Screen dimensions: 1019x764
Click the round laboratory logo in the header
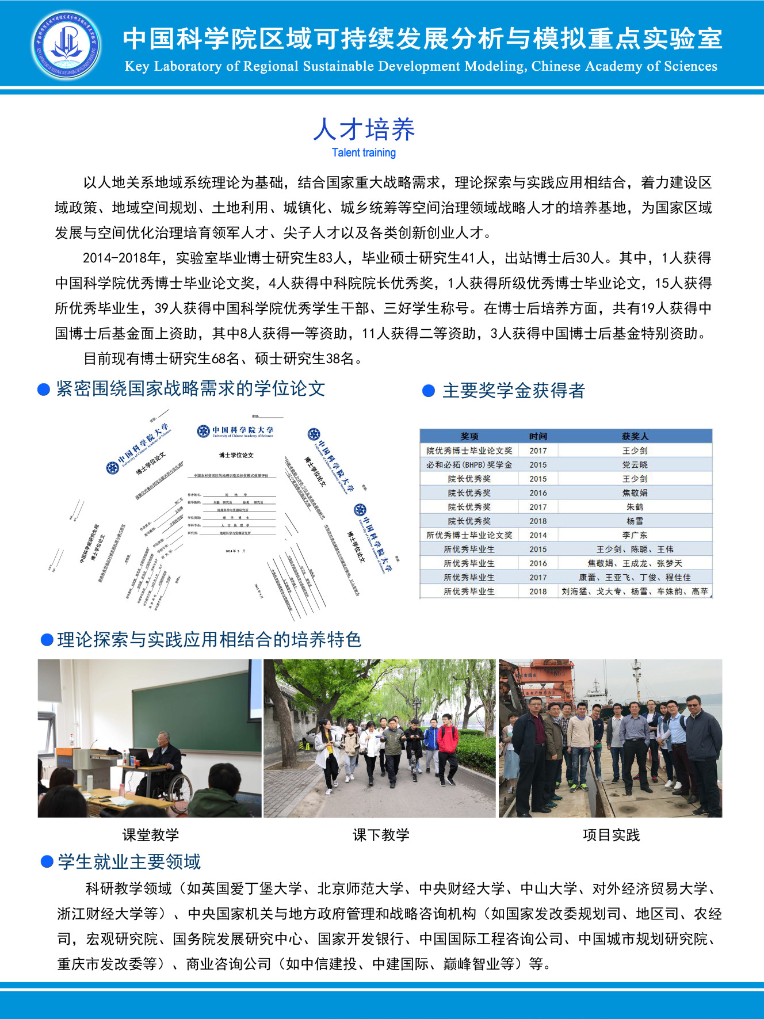point(66,45)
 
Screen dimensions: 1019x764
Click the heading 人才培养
point(364,129)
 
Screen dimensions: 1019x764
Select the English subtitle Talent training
point(364,152)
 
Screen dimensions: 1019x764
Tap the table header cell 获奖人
point(635,436)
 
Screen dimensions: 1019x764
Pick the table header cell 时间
point(538,436)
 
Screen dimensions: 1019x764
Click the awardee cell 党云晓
point(635,464)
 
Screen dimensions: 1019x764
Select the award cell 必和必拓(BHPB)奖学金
point(469,464)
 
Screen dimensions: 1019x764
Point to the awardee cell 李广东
point(635,535)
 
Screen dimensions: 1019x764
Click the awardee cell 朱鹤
point(635,507)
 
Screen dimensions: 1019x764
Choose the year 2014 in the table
point(538,535)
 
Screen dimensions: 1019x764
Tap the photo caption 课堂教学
point(151,835)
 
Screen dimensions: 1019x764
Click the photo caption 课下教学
point(381,835)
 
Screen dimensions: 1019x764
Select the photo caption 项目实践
point(611,835)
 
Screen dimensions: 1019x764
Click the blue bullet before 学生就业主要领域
point(47,862)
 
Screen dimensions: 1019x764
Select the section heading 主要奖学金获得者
point(513,391)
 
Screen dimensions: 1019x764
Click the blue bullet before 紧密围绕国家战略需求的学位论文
point(44,390)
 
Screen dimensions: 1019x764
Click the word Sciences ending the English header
point(690,66)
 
